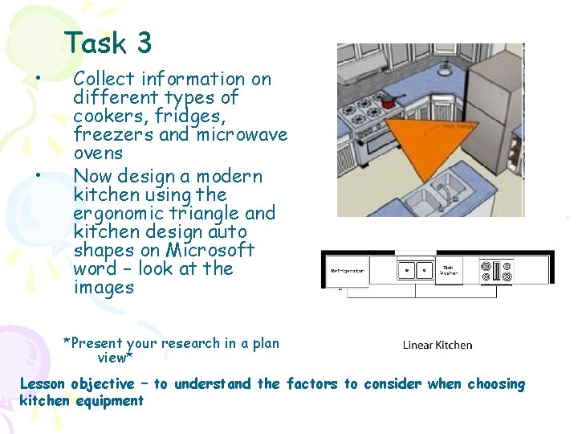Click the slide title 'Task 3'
coord(108,43)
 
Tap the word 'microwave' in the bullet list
coord(242,134)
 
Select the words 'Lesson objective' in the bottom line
coord(76,384)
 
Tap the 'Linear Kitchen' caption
coord(438,345)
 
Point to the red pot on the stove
coord(390,101)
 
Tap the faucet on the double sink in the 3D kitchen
coord(441,190)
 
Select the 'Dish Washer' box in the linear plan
coord(448,271)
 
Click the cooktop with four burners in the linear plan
coord(495,270)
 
